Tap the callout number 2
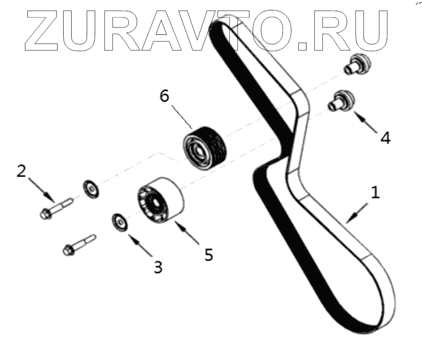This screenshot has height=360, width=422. [21, 171]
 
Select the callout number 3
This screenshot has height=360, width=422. [157, 267]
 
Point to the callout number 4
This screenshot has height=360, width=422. [385, 138]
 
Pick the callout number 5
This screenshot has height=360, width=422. [208, 254]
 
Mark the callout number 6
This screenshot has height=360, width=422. [164, 96]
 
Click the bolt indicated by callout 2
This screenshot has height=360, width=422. [55, 209]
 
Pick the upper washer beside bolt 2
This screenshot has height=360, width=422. [91, 188]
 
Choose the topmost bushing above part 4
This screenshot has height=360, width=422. [357, 64]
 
